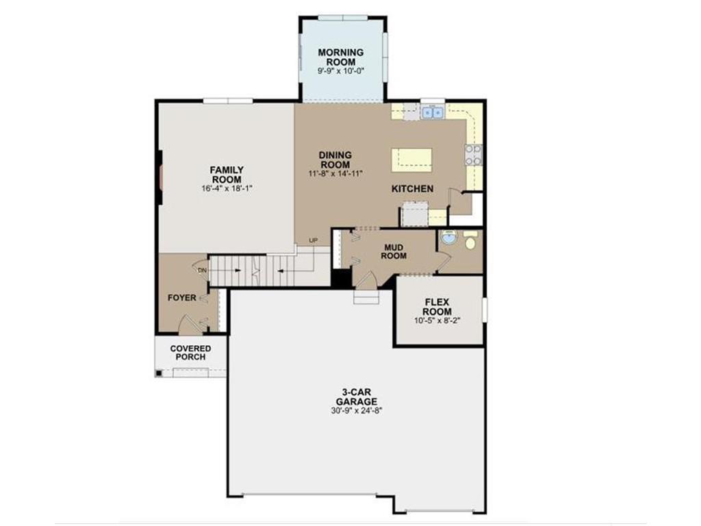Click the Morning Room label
(341, 58)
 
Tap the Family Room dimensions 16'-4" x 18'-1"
(227, 189)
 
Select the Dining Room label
(335, 160)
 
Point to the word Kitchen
(412, 189)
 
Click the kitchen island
(411, 160)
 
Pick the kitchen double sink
(433, 112)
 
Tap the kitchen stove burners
(474, 155)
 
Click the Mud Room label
(394, 252)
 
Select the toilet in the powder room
(470, 240)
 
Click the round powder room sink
(449, 237)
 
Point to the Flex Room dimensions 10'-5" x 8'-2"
(437, 321)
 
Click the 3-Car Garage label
(356, 397)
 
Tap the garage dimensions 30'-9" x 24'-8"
(356, 411)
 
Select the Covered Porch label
(190, 353)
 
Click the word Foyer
(181, 298)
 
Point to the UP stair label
(313, 240)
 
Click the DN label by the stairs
(202, 271)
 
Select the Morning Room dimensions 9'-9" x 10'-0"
(341, 71)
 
